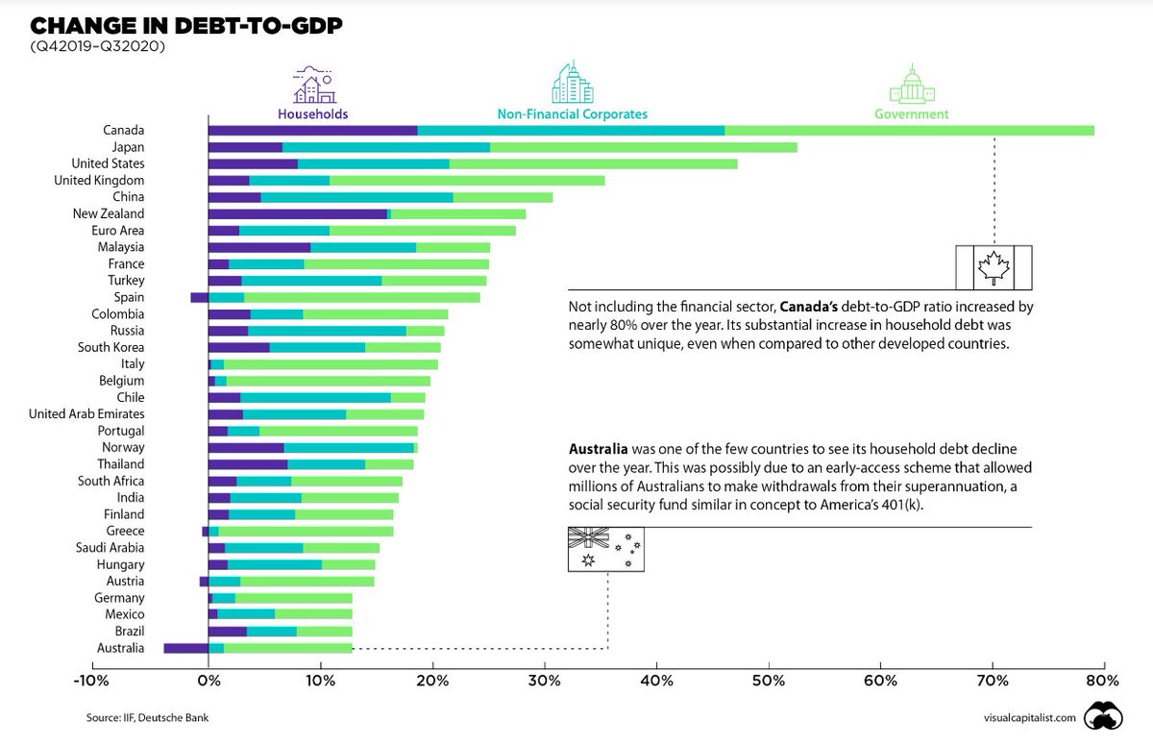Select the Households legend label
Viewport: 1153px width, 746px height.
pyautogui.click(x=312, y=114)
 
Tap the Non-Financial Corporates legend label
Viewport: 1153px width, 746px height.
pyautogui.click(x=572, y=114)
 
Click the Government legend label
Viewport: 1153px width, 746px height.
pyautogui.click(x=911, y=114)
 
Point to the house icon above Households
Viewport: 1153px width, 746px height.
pyautogui.click(x=312, y=86)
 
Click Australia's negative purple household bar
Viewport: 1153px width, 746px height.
pyautogui.click(x=186, y=648)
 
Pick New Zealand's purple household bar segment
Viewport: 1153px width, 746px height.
pyautogui.click(x=297, y=214)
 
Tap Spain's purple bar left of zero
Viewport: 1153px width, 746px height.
pyautogui.click(x=199, y=297)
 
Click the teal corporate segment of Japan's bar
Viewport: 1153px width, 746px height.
pyautogui.click(x=386, y=147)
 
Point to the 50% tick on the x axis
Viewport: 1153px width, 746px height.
pyautogui.click(x=769, y=681)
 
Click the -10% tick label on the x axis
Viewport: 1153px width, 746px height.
pyautogui.click(x=96, y=681)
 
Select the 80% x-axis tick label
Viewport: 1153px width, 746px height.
pyautogui.click(x=1102, y=681)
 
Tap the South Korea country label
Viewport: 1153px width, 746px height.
pyautogui.click(x=112, y=347)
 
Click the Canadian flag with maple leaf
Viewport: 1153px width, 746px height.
pyautogui.click(x=993, y=267)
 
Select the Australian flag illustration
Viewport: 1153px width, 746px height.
pyautogui.click(x=606, y=550)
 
